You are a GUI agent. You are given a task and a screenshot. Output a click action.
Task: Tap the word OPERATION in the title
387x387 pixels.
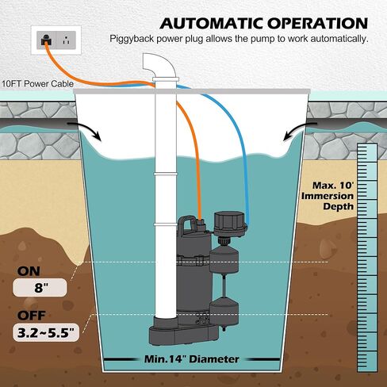coord(317,23)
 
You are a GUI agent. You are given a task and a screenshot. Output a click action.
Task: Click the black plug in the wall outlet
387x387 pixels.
coord(47,40)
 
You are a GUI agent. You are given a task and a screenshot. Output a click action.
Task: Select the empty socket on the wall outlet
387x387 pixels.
coord(66,40)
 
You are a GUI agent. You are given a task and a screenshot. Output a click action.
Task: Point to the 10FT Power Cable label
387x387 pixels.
coord(37,84)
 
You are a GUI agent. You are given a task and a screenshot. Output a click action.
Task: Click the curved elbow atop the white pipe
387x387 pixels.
coord(159,66)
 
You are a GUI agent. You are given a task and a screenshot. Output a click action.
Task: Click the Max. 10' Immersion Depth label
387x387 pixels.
coord(328,196)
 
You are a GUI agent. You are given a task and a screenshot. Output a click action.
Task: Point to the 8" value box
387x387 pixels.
coord(40,287)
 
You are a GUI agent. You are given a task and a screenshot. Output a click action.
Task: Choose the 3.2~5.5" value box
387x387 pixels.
coord(46,332)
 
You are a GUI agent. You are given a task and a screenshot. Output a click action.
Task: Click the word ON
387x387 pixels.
coord(29,271)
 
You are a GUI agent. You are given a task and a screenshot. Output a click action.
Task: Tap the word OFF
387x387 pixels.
coord(32,316)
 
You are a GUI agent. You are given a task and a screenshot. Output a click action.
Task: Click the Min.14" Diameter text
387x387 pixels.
coord(192,359)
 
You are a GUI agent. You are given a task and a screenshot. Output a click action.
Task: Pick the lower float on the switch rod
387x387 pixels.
coord(224,311)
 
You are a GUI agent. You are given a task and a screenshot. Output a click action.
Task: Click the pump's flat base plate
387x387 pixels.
coord(184,335)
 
